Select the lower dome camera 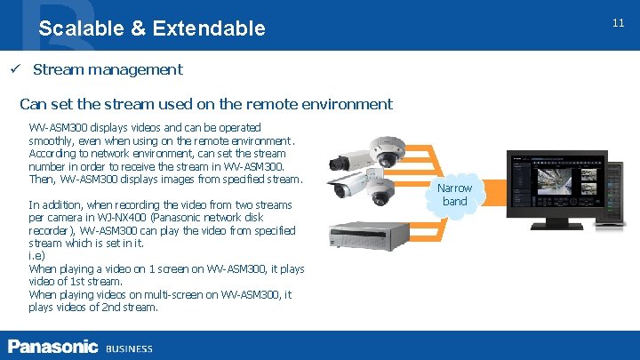click(382, 189)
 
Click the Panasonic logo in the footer click(52, 347)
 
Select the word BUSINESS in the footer click(129, 348)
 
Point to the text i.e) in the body click(37, 256)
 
